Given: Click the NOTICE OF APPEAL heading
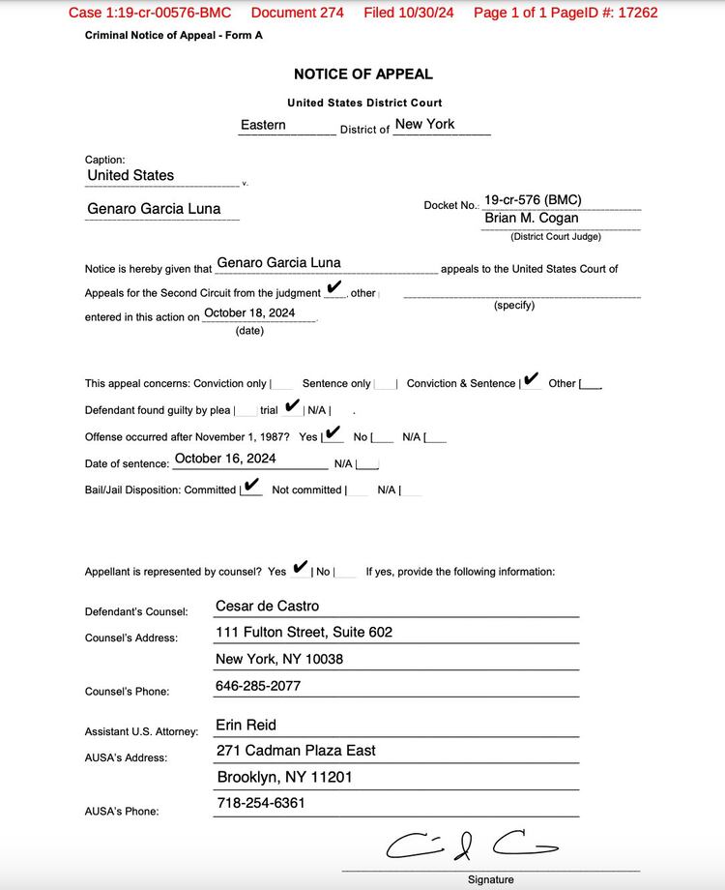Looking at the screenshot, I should [x=362, y=74].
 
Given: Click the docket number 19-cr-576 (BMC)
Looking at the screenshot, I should [x=533, y=200].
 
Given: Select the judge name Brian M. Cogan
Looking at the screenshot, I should [x=531, y=219].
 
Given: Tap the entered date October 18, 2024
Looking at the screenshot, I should [x=249, y=313].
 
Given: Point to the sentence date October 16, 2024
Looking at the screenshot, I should [x=225, y=459].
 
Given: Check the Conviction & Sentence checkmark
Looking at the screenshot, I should [x=531, y=379].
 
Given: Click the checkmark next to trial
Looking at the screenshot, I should [x=293, y=406].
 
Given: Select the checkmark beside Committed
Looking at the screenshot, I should [x=251, y=486].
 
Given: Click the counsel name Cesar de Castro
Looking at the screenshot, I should [x=267, y=607].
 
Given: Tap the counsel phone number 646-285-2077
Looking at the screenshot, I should [x=258, y=686].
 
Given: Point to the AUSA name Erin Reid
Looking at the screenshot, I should [x=246, y=725].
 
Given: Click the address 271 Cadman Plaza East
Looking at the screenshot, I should [x=296, y=751].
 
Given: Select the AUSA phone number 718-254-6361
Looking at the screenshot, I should [x=261, y=803].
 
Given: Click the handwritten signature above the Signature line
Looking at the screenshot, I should [x=471, y=845].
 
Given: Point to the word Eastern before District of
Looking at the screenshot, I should [x=263, y=125].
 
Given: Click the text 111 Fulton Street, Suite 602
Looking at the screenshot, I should [x=304, y=633].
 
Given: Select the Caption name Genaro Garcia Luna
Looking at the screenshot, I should [x=154, y=209].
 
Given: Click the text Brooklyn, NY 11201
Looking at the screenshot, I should [x=284, y=777].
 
